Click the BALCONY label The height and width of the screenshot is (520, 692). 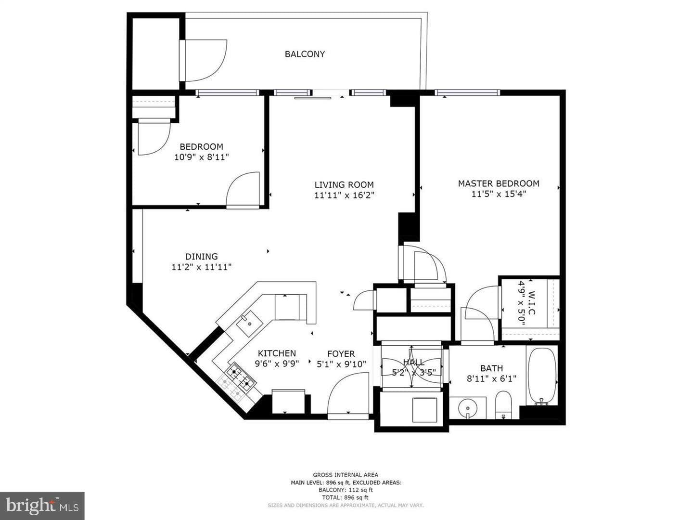pos(305,54)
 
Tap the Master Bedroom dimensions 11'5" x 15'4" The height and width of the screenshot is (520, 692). pos(499,194)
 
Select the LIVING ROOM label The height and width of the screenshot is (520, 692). pos(344,184)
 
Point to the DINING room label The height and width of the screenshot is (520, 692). pos(202,256)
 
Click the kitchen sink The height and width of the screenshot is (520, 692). pos(249,323)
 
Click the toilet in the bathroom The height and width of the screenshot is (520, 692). pos(503,405)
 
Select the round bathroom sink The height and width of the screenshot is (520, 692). pos(468,408)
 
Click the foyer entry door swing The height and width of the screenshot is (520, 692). pos(348,393)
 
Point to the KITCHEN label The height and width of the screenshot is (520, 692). pos(277,353)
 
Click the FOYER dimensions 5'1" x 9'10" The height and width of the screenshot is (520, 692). pos(341,364)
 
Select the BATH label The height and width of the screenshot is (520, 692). pos(491,368)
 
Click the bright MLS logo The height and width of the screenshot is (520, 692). pos(42,506)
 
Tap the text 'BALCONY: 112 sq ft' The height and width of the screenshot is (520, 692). pos(346,490)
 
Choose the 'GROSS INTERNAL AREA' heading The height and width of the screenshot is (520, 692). pos(346,475)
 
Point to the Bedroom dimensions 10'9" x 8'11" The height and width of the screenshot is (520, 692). pos(202,157)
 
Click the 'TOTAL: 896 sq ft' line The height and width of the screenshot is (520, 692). pos(345,497)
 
